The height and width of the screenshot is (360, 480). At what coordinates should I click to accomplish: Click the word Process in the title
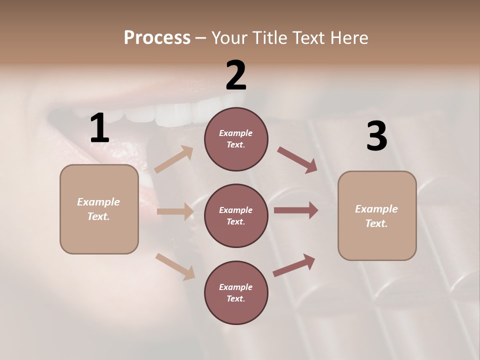(x=157, y=38)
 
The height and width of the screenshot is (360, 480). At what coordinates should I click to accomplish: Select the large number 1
(x=99, y=128)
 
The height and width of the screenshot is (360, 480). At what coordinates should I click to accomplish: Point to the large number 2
(x=236, y=75)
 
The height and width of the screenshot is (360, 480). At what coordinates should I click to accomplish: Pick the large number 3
(x=376, y=136)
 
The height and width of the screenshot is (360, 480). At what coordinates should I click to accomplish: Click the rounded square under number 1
(x=99, y=209)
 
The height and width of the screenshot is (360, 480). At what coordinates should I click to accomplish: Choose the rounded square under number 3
(x=377, y=215)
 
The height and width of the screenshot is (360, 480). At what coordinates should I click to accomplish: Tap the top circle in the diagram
(x=236, y=139)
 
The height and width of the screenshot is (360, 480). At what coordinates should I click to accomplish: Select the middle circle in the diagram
(x=236, y=215)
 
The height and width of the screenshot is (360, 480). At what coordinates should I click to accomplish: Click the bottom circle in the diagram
(x=236, y=292)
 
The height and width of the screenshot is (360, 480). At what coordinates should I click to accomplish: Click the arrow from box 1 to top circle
(x=173, y=160)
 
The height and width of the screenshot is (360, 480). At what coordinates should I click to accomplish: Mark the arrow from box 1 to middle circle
(x=175, y=211)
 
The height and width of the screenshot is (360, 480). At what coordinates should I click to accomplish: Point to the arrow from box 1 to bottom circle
(x=175, y=266)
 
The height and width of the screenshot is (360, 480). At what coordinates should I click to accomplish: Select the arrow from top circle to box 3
(x=297, y=160)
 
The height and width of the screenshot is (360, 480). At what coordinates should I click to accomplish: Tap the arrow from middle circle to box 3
(x=296, y=210)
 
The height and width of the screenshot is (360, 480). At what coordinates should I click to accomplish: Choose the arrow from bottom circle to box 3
(x=294, y=265)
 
